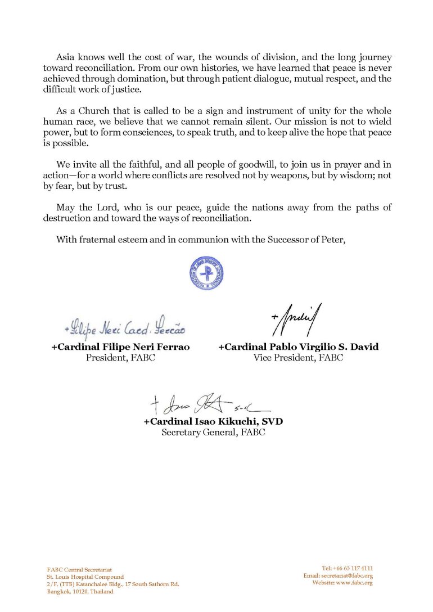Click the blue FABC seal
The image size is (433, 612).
pos(206,273)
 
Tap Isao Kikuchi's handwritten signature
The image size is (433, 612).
pos(208,403)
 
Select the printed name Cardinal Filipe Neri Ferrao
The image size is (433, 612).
pos(120,347)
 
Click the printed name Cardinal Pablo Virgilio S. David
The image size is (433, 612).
pos(298,347)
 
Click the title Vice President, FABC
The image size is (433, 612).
pos(298,358)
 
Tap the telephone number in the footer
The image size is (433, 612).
pos(348,568)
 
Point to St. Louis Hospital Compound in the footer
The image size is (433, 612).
pos(85,577)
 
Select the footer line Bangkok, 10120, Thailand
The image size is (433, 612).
pos(80,592)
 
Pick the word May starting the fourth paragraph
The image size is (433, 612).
pos(65,208)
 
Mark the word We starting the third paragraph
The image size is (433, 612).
pos(63,164)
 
